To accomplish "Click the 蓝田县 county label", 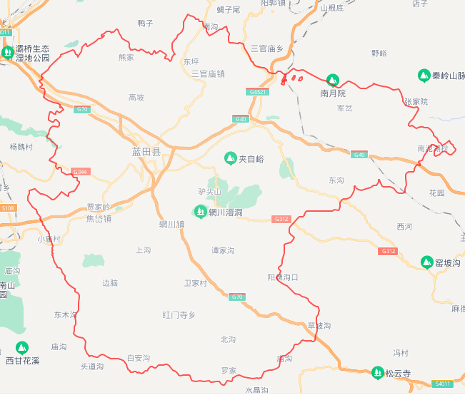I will coord(146,152).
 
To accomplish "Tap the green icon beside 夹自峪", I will coord(230,158).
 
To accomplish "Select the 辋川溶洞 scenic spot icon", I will coord(201,211).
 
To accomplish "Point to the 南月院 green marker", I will coord(332,80).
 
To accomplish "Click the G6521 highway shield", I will coord(258,92).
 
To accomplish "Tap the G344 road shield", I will coord(81,172).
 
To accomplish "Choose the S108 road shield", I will coord(7,207).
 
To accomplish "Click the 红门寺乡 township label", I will coord(179,314).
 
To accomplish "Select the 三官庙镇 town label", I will coord(208,73).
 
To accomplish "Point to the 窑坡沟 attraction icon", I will coord(426,262).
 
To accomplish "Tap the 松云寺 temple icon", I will coord(377,372).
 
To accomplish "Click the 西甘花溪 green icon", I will coord(22,348).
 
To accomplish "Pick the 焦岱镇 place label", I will coord(99,219).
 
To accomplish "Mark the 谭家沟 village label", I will coord(222,251).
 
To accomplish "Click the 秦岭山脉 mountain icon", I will coord(424,75).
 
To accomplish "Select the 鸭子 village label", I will coord(145,23).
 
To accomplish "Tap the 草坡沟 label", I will coord(319,326).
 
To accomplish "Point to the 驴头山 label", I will coord(210,192).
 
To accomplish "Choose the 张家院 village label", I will coord(415,102).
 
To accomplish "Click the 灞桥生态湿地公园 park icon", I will coord(7,53).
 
